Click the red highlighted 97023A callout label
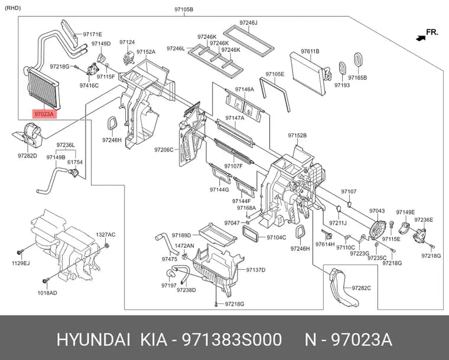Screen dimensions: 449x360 tap(44, 114)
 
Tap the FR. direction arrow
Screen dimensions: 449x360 tap(421, 37)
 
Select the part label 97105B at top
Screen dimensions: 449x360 tap(184, 9)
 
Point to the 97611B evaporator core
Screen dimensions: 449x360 tap(308, 73)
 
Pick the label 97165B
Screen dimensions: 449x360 tap(357, 77)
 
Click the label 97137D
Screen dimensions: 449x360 tap(256, 270)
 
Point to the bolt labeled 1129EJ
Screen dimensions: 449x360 tap(20, 253)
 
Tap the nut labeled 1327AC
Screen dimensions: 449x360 tap(107, 246)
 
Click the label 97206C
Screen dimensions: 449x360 tap(164, 149)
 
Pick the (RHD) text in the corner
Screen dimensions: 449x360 tap(13, 8)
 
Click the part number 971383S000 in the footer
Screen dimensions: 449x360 tap(232, 340)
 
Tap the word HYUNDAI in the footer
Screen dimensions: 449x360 tap(93, 340)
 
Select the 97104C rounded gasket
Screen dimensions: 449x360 tap(250, 233)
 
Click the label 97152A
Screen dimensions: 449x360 tap(146, 52)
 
